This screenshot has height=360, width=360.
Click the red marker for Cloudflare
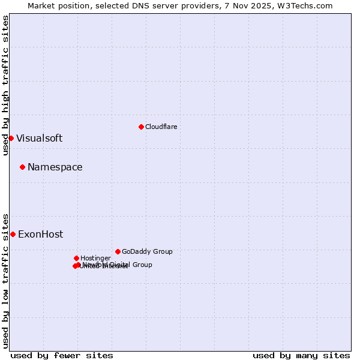141,127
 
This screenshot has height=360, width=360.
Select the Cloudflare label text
161,127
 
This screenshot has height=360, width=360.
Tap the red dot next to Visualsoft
11,138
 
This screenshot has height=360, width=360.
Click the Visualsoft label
39,138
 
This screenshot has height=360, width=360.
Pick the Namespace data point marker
22,167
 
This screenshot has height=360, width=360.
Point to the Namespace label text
55,167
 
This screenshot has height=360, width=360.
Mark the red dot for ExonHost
13,234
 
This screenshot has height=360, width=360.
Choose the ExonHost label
40,235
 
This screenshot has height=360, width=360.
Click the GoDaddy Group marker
118,251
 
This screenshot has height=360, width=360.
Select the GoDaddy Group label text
147,251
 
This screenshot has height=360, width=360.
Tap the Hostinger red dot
76,258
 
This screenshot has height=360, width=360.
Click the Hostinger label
95,258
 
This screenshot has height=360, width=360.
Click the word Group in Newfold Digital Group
142,265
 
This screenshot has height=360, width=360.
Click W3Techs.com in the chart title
310,5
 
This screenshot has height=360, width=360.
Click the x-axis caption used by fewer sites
62,355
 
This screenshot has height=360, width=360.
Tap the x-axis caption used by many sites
301,355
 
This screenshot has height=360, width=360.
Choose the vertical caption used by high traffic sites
5,85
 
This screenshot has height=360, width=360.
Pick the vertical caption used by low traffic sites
5,280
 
